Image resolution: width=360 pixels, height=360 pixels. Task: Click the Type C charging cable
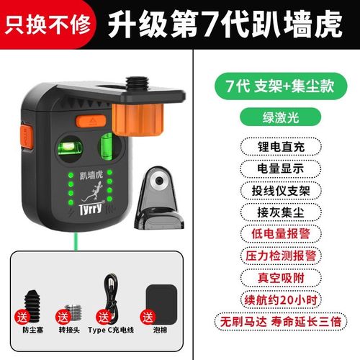coord(112,291)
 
